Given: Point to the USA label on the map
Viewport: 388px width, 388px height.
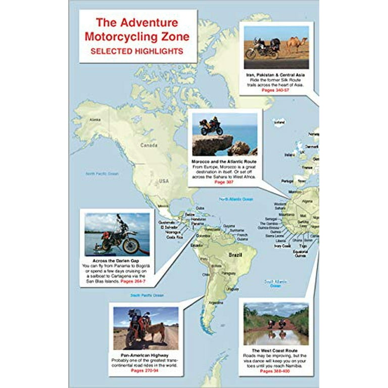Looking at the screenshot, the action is click(x=164, y=181).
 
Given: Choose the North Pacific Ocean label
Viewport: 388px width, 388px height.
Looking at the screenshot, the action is click(x=102, y=174).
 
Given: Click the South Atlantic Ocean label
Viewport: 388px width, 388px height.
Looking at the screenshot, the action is click(x=276, y=283).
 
